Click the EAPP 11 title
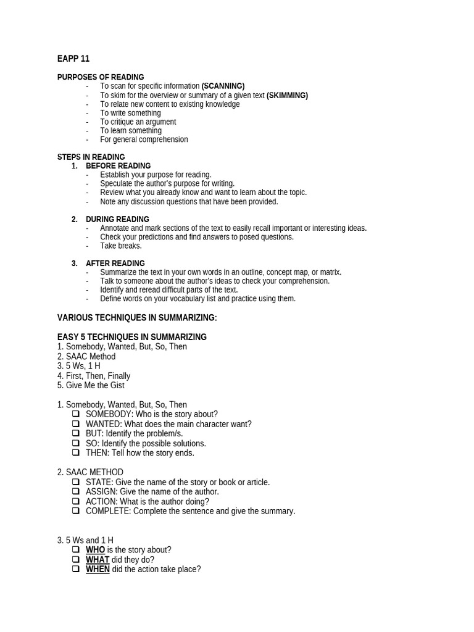point(73,59)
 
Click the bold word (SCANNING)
point(223,86)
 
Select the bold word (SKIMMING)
point(287,96)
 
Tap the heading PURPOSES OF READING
point(101,77)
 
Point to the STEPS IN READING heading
point(91,157)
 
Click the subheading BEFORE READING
point(118,166)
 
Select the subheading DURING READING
point(117,219)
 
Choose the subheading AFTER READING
point(115,263)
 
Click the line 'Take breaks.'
point(121,246)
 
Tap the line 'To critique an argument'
point(138,122)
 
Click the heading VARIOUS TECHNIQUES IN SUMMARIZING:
point(137,318)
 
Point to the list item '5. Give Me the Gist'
point(91,385)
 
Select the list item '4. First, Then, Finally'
point(94,376)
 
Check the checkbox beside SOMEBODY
point(76,414)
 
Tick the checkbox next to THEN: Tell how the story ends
point(76,452)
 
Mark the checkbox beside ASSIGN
point(76,491)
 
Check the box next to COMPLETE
point(76,511)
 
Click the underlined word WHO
point(95,550)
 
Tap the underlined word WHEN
point(98,569)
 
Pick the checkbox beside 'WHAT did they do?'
point(76,560)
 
